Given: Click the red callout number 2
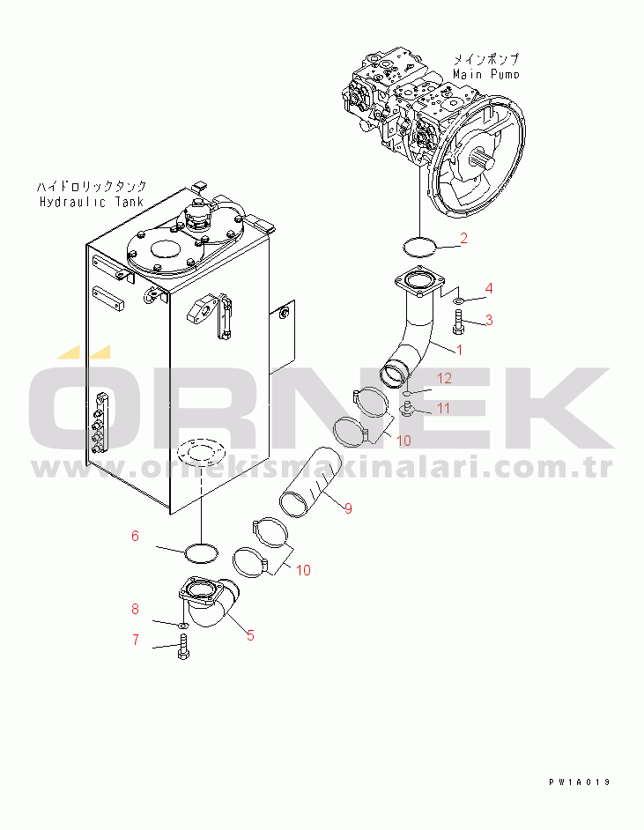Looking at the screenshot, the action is (x=463, y=238).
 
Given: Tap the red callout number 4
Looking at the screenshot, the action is (x=489, y=288).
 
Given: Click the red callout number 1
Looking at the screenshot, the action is (x=459, y=350).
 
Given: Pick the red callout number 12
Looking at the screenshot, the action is (x=444, y=378).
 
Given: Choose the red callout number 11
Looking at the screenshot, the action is (x=443, y=408).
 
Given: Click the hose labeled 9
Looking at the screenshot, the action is (x=307, y=483).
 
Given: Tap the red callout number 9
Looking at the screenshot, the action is (x=348, y=508).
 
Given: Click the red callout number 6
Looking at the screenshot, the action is (x=135, y=536).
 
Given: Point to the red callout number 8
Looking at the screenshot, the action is (x=135, y=609).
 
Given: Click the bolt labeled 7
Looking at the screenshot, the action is (x=183, y=647).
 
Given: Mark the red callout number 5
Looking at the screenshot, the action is (x=250, y=635).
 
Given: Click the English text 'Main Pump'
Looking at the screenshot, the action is (x=485, y=74).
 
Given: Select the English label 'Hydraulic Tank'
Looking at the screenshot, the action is (x=92, y=202).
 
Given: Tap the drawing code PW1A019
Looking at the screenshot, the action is (x=580, y=782).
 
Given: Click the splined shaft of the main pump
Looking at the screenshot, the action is (x=482, y=158).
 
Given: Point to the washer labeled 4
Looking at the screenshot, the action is (x=459, y=301).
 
